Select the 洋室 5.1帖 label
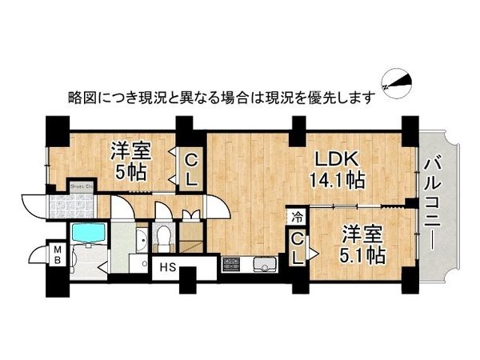(x=363, y=246)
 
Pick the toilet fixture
(x=164, y=236)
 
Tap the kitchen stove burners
(x=232, y=265)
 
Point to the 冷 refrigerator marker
(x=297, y=217)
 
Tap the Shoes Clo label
(x=82, y=186)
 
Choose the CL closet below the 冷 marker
(x=297, y=248)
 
